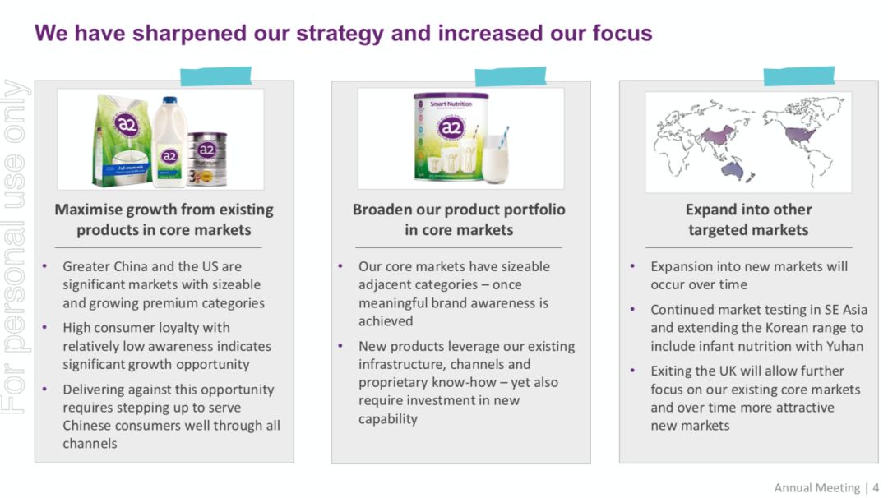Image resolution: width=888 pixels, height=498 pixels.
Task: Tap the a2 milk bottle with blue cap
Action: pyautogui.click(x=169, y=142)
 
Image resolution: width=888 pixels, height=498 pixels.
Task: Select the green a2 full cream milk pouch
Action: pyautogui.click(x=123, y=141)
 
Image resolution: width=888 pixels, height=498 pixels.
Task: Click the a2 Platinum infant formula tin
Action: pyautogui.click(x=207, y=159)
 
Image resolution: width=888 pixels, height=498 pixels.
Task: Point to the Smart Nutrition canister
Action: pyautogui.click(x=451, y=137)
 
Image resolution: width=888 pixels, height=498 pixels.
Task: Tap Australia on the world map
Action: pyautogui.click(x=732, y=169)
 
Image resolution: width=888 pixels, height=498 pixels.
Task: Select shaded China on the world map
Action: pyautogui.click(x=718, y=136)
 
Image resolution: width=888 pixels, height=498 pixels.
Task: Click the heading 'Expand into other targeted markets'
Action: pyautogui.click(x=748, y=219)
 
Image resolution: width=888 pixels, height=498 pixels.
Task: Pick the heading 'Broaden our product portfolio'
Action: pyautogui.click(x=459, y=210)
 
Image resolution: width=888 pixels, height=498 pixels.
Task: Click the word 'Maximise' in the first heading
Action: pyautogui.click(x=88, y=210)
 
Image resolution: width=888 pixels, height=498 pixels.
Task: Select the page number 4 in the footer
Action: pyautogui.click(x=876, y=488)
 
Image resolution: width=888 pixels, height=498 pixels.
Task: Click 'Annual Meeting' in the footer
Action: pyautogui.click(x=816, y=488)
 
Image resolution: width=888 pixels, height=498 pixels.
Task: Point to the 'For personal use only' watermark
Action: pyautogui.click(x=15, y=247)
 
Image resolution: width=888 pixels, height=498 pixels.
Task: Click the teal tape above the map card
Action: pyautogui.click(x=798, y=76)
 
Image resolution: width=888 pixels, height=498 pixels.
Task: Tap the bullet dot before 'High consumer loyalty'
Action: pyautogui.click(x=44, y=326)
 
